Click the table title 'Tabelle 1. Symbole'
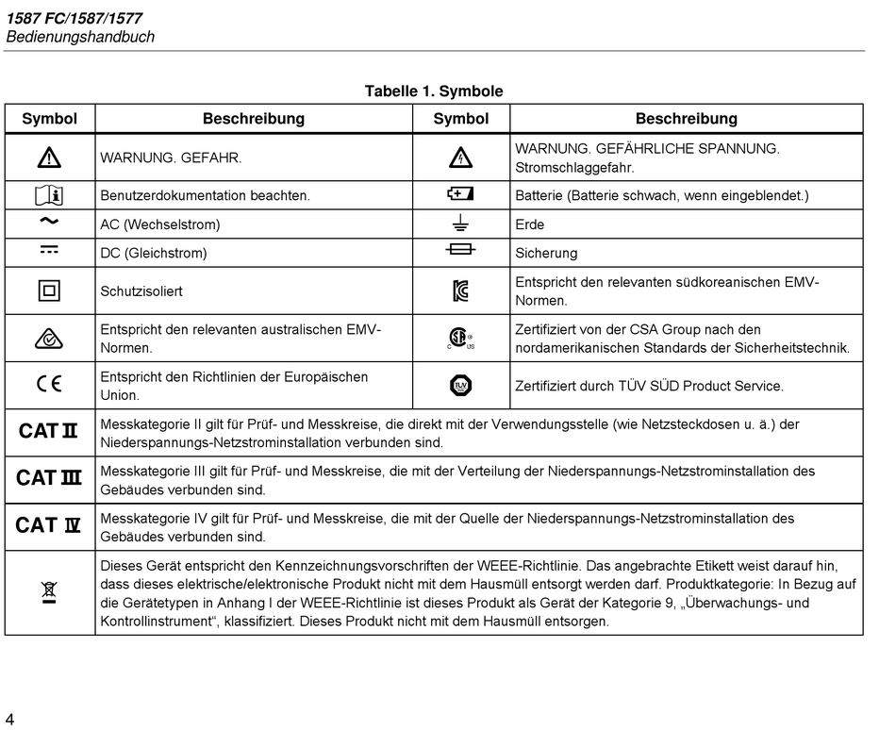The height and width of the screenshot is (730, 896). tap(434, 91)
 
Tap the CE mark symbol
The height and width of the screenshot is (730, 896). tap(49, 385)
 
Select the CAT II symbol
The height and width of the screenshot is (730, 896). tap(48, 432)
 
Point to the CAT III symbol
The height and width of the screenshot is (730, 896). tap(48, 479)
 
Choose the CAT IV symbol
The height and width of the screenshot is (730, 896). tap(48, 526)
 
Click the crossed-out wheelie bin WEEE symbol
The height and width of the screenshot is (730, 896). tap(49, 592)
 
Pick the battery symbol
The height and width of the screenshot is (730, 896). tap(460, 195)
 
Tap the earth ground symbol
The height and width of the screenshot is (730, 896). tap(460, 224)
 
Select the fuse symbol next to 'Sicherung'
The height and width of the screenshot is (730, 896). tap(460, 251)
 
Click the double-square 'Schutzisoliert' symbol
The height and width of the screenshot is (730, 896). tap(49, 291)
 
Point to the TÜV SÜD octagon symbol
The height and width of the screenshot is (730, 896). tap(460, 385)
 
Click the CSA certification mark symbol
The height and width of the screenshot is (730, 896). tap(459, 339)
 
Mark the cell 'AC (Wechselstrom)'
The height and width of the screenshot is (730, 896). tap(160, 224)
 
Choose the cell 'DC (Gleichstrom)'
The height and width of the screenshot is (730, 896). tap(154, 253)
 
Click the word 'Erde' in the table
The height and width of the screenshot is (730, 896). tap(530, 224)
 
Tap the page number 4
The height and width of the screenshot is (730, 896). tap(9, 720)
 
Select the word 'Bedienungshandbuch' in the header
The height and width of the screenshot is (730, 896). tap(80, 37)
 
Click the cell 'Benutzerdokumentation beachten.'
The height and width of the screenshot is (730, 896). tap(206, 196)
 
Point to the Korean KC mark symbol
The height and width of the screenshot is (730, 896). tap(460, 291)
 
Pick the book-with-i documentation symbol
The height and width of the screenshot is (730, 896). tap(49, 195)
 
